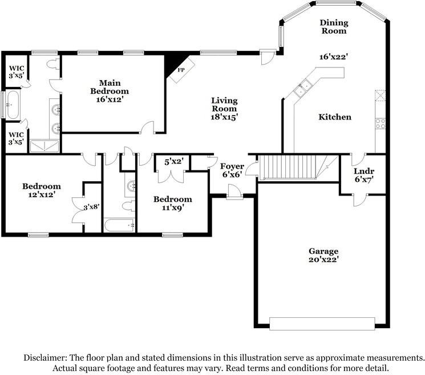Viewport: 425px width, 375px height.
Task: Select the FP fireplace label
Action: tap(181, 70)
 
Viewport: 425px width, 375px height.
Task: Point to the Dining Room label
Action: tap(333, 26)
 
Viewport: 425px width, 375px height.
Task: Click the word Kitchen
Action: tap(334, 117)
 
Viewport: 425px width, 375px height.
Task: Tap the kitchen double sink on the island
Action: tap(302, 88)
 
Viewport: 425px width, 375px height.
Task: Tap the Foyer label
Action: tap(232, 166)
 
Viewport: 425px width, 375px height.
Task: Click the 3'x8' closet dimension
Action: tap(92, 208)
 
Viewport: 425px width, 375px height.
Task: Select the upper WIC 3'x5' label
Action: tap(15, 73)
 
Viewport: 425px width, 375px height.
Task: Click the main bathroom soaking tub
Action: tap(13, 105)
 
